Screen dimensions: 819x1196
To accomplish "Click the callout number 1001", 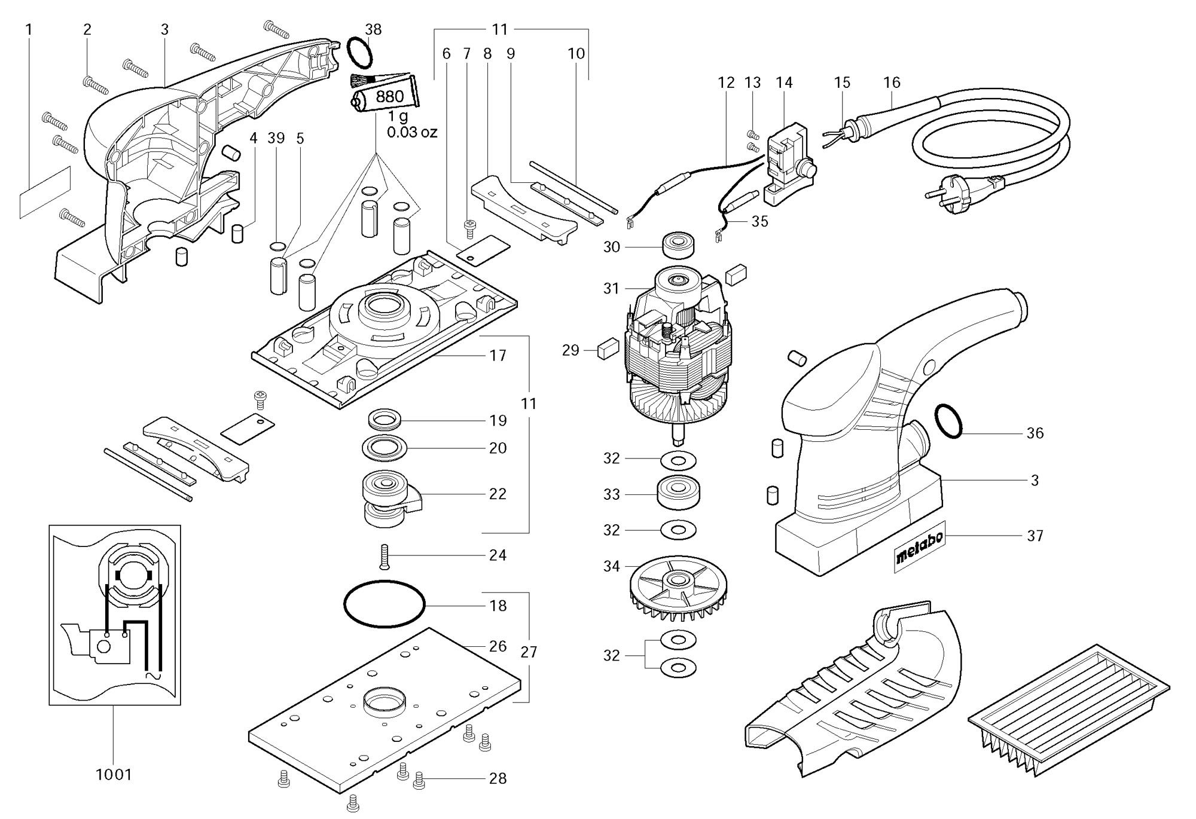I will coord(114,775).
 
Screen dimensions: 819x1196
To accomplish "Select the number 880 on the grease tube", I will coord(389,97).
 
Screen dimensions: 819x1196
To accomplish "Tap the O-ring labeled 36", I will coord(948,421).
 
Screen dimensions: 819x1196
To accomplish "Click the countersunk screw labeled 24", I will coord(385,556).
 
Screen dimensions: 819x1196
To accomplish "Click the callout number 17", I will coord(498,356).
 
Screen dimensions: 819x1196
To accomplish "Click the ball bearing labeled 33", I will coord(678,493).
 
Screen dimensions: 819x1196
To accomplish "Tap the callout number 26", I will coord(498,646).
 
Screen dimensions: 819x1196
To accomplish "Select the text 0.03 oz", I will coord(412,132).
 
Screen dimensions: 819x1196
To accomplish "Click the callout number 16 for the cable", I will coord(891,82).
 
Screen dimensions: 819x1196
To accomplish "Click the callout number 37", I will coord(1035,536).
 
